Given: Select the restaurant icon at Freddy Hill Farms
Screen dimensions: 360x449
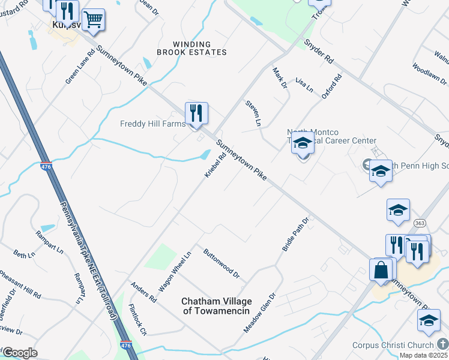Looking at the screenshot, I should pyautogui.click(x=196, y=112).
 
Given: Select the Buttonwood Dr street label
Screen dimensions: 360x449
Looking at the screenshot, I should pyautogui.click(x=221, y=264).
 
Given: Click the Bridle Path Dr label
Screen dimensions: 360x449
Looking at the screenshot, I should pyautogui.click(x=295, y=234).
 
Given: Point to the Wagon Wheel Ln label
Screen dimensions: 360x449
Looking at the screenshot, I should pyautogui.click(x=175, y=271).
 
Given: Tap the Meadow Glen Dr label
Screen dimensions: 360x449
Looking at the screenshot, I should pyautogui.click(x=259, y=313).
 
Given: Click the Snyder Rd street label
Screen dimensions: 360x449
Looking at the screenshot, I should pyautogui.click(x=318, y=52).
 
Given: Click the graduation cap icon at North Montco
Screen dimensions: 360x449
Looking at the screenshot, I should pyautogui.click(x=303, y=145).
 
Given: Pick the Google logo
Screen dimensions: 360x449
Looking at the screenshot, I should pyautogui.click(x=20, y=353).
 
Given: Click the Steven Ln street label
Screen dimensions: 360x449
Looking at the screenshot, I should pyautogui.click(x=253, y=113).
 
